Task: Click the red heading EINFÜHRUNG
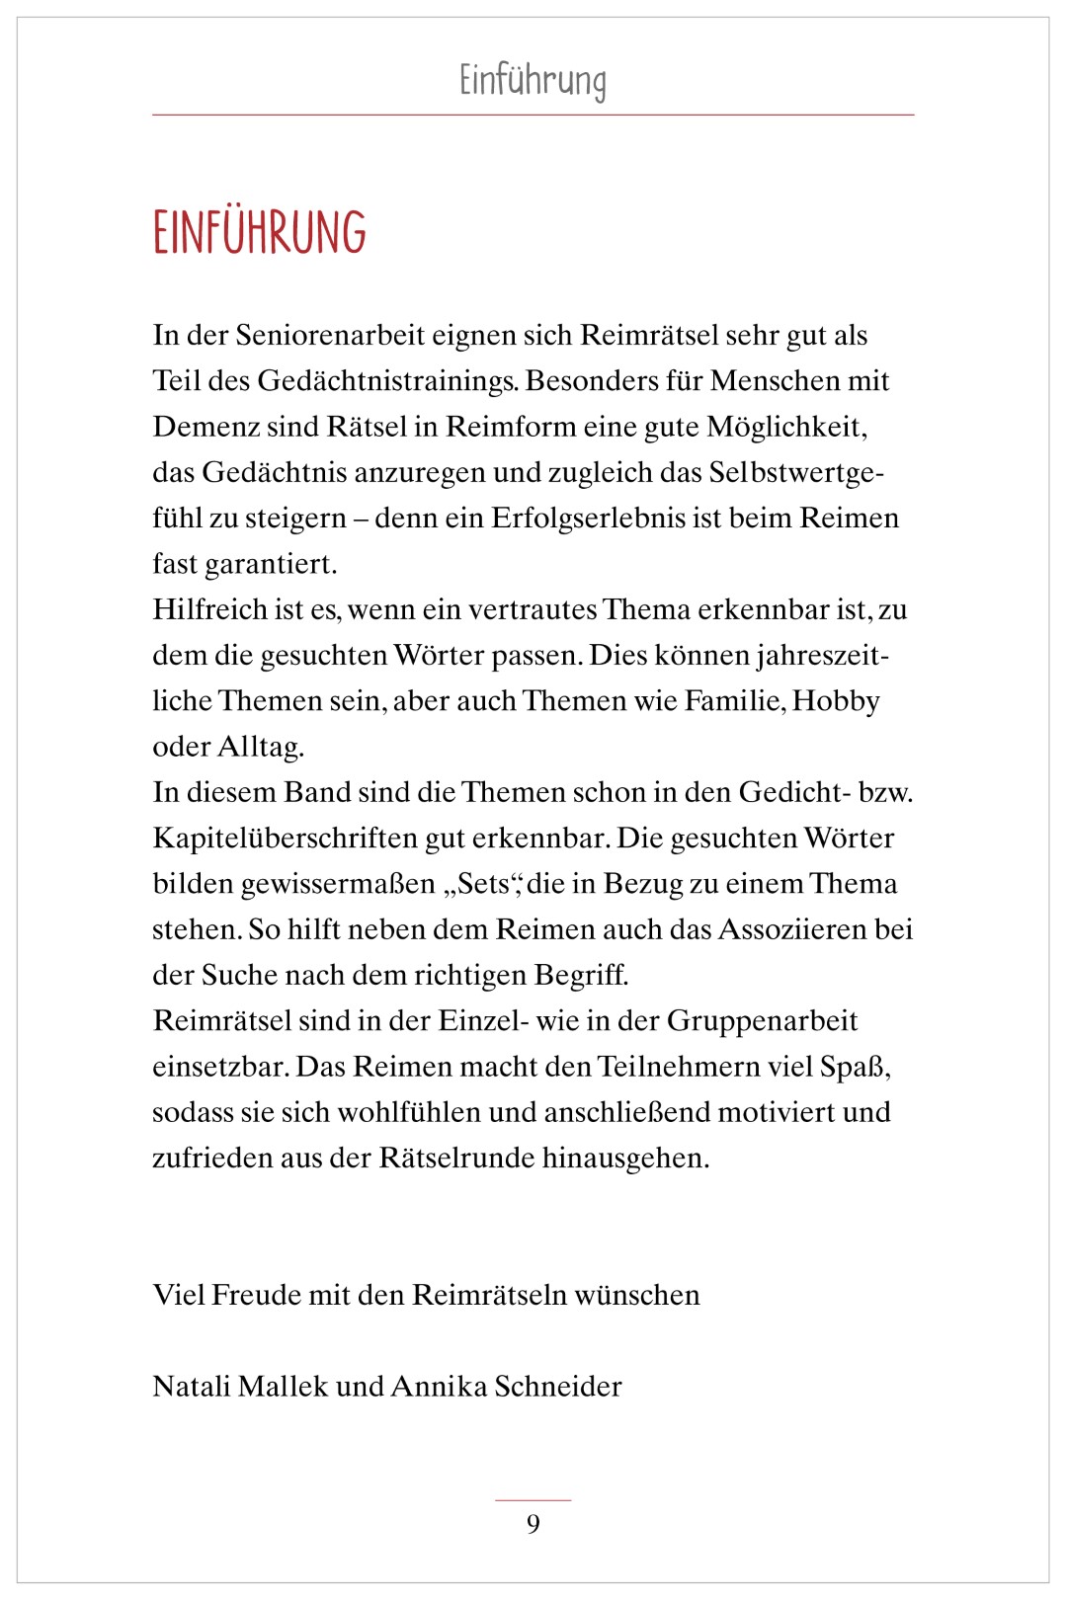260,233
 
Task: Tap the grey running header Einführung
533,81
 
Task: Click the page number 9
533,1524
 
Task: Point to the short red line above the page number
533,1500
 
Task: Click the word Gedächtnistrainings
387,382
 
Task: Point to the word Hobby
836,701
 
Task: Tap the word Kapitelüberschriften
285,839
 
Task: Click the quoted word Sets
483,884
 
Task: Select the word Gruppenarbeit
762,1021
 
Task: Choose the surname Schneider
558,1387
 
